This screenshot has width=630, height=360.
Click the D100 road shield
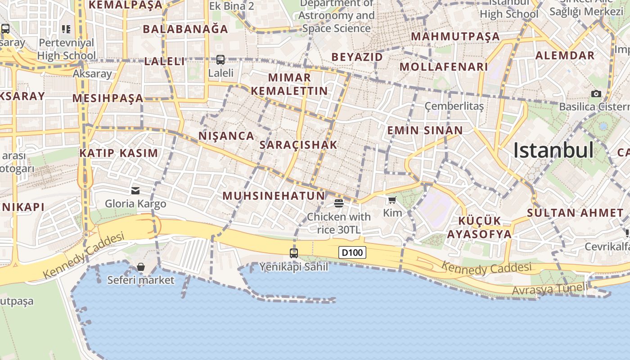click(x=352, y=252)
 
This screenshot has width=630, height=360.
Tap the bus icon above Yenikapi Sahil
click(x=294, y=253)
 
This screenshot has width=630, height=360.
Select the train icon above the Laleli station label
click(x=220, y=59)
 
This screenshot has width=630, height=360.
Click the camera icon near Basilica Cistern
click(x=596, y=94)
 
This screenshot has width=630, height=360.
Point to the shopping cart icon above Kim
click(x=392, y=200)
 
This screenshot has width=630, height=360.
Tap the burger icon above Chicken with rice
click(x=339, y=203)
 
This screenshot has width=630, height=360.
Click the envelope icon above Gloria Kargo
click(x=135, y=191)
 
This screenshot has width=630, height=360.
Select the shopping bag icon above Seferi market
click(x=141, y=267)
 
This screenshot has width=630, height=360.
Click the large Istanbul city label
click(x=553, y=150)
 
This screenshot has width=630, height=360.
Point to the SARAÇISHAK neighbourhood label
click(x=298, y=145)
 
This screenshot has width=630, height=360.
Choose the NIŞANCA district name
click(x=226, y=135)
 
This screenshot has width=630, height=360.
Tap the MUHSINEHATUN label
click(x=274, y=196)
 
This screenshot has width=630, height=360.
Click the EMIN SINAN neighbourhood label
click(x=425, y=130)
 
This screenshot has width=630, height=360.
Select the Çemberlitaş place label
click(x=454, y=106)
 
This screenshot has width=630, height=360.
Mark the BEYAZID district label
click(x=357, y=57)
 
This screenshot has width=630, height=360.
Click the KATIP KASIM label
click(x=119, y=153)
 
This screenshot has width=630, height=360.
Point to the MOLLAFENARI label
click(x=444, y=67)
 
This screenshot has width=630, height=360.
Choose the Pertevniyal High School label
click(x=67, y=49)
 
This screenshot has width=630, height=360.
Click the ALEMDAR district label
click(x=565, y=56)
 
